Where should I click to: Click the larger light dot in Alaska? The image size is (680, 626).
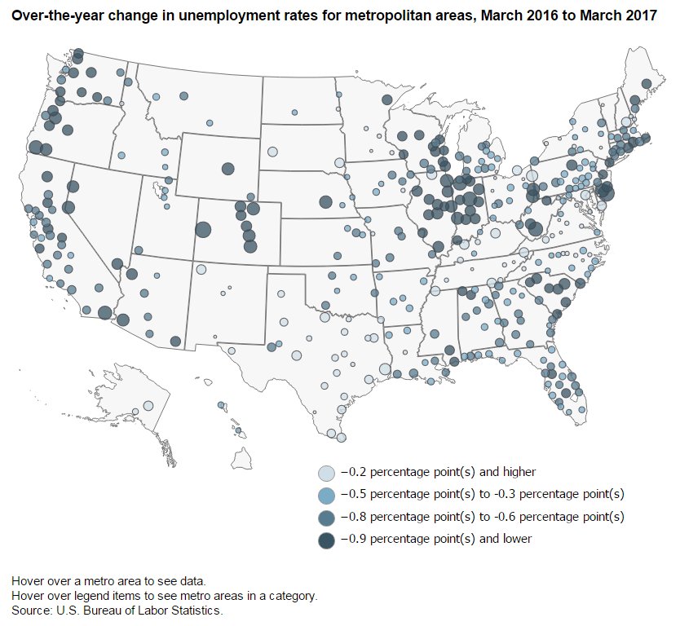[x=148, y=405]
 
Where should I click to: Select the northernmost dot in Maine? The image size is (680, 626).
[x=647, y=83]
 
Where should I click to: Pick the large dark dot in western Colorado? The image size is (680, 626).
[x=203, y=230]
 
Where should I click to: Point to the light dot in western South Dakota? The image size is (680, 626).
[x=272, y=152]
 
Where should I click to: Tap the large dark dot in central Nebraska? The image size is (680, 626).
[x=325, y=201]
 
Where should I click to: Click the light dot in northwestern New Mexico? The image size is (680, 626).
[x=201, y=270]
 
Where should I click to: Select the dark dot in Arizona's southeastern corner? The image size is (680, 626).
[x=175, y=341]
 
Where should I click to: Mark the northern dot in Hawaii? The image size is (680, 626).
[x=221, y=404]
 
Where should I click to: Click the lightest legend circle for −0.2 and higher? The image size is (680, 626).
[x=326, y=473]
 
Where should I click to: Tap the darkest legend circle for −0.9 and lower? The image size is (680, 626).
[x=326, y=540]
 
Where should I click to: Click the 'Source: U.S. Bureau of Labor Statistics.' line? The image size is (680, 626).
[x=117, y=610]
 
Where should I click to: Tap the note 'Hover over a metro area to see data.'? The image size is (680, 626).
[x=108, y=581]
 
